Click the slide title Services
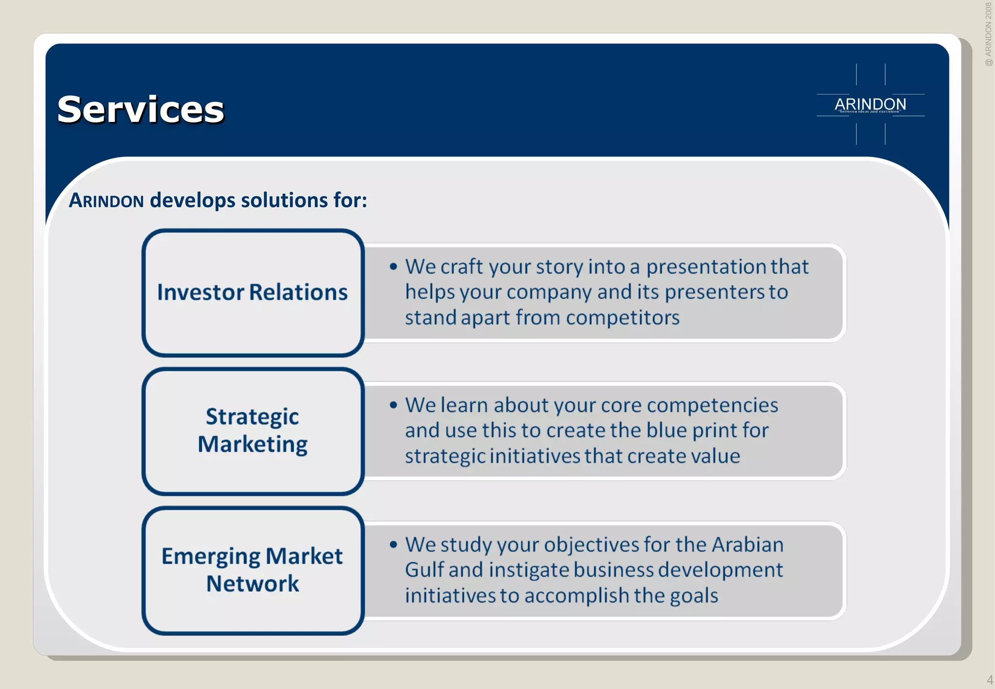coord(140,110)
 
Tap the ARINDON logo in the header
coord(870,104)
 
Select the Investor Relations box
coord(253,293)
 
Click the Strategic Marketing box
coord(253,431)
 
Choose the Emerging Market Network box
coord(253,569)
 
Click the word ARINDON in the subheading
coord(106,201)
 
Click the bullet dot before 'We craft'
coord(394,266)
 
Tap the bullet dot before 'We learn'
coord(394,405)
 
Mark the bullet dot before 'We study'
coord(394,544)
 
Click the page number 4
coord(989,680)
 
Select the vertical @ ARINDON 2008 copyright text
coord(988,34)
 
